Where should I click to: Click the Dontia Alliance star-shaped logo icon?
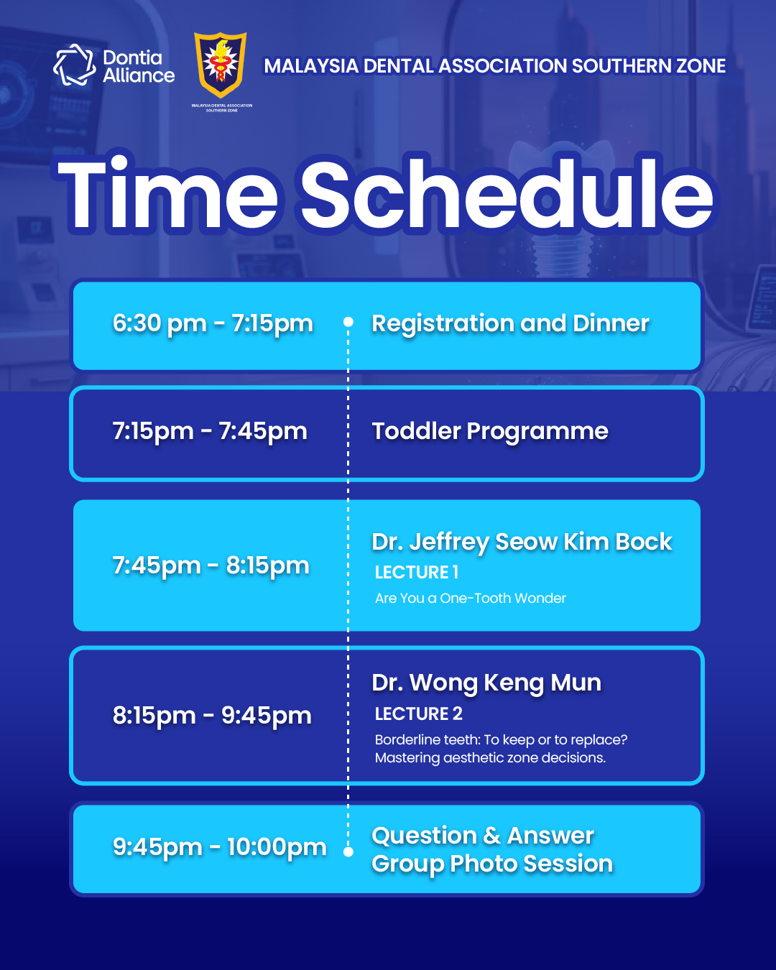click(x=75, y=65)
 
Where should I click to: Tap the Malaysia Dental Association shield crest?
click(x=220, y=65)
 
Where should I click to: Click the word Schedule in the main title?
click(x=507, y=194)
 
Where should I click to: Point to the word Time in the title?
click(x=167, y=193)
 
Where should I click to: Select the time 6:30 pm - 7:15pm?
click(x=213, y=323)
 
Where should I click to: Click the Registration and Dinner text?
click(x=510, y=323)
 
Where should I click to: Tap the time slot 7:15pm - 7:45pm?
click(x=210, y=431)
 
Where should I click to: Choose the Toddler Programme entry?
click(x=490, y=431)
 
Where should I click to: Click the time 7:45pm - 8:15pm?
click(x=211, y=565)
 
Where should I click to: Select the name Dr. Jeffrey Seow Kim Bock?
click(x=522, y=541)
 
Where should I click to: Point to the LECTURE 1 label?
click(x=417, y=573)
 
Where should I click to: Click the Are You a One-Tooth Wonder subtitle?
click(x=471, y=598)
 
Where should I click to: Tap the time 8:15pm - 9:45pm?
click(x=212, y=716)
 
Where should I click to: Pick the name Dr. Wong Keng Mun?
click(x=486, y=683)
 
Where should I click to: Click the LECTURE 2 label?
click(x=418, y=713)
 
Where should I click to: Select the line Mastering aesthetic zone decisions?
click(x=490, y=758)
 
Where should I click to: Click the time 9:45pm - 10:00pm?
click(x=219, y=846)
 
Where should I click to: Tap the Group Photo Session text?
click(x=492, y=863)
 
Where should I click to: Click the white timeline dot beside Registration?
click(x=348, y=322)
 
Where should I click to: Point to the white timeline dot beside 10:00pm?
click(x=348, y=852)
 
